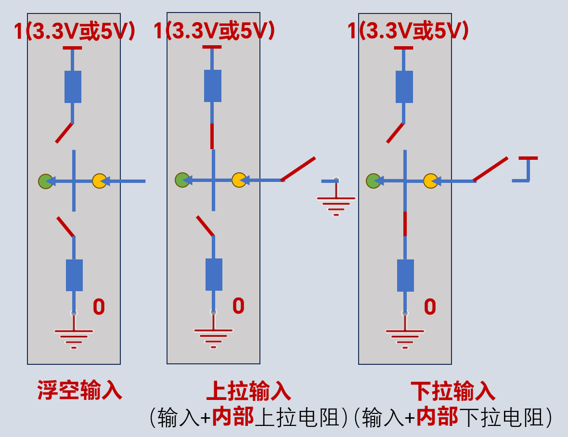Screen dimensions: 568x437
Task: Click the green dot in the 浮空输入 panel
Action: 46,181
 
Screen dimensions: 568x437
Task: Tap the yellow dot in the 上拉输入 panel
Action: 239,180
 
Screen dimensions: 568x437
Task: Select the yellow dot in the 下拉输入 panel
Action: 431,181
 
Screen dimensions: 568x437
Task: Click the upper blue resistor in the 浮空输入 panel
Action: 73,87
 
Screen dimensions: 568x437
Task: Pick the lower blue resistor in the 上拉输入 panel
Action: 214,274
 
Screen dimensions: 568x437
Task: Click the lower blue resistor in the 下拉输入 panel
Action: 405,275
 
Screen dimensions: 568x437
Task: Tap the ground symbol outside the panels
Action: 336,198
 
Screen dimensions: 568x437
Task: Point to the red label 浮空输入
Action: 80,390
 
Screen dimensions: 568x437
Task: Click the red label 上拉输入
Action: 248,391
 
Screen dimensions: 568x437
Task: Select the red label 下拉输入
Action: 453,391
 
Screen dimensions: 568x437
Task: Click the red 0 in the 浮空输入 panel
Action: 99,307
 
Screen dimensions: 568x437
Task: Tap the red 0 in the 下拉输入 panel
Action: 430,307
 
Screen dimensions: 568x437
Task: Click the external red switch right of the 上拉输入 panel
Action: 298,169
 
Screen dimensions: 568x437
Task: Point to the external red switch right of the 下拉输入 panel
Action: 491,169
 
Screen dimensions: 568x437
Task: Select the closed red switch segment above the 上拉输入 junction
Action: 212,136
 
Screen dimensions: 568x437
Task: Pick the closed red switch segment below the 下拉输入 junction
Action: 405,224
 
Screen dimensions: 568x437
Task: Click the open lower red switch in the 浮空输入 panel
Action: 65,227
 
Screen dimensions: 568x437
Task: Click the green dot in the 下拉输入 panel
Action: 374,181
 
